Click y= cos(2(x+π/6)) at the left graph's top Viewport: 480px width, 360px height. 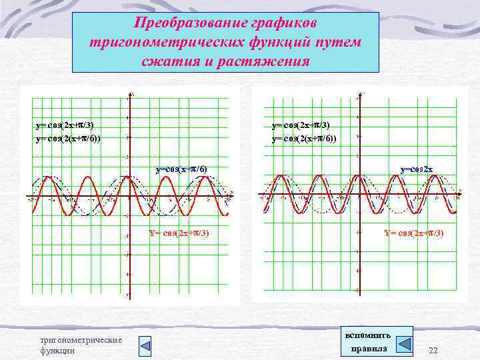point(69,139)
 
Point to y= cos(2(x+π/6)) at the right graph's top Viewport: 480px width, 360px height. point(304,139)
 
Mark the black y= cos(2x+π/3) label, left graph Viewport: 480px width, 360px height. point(65,125)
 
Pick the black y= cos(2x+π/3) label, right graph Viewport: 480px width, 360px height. point(301,125)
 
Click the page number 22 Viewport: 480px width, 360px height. point(433,351)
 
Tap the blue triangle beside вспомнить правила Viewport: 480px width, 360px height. point(403,344)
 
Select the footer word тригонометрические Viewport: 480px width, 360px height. point(81,340)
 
